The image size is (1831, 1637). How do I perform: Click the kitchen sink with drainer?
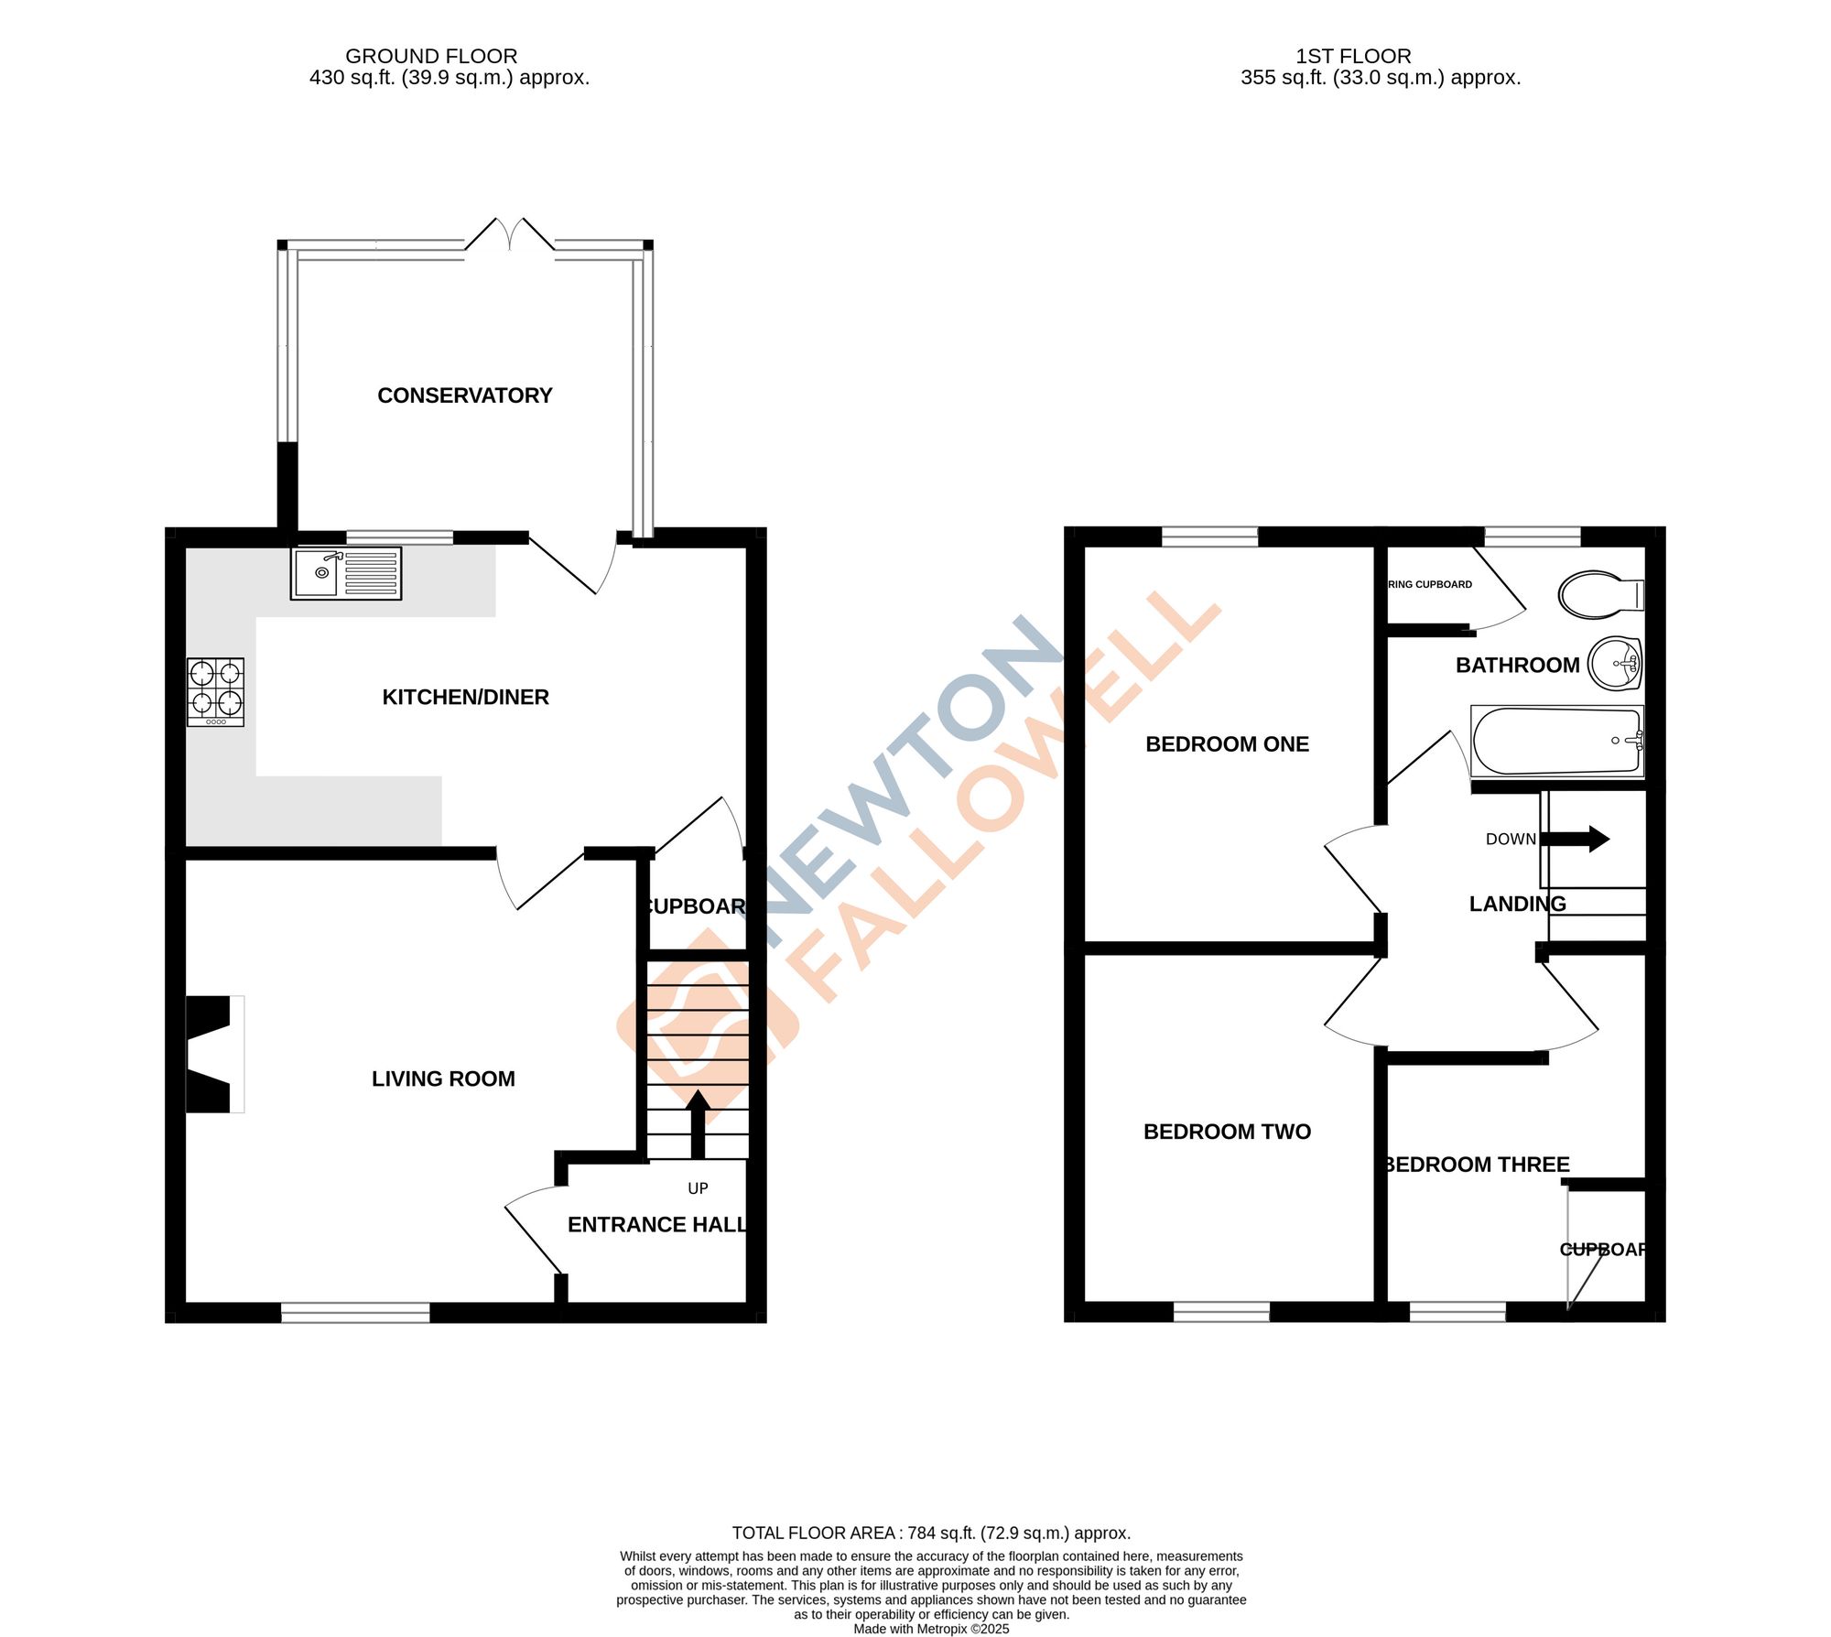point(345,573)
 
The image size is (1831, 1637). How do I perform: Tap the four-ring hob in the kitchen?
point(215,692)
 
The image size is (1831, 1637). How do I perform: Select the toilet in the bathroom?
point(1600,595)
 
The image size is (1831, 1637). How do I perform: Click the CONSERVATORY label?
point(465,396)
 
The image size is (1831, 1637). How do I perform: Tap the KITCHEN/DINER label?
point(465,698)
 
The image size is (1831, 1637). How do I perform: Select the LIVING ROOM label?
point(443,1079)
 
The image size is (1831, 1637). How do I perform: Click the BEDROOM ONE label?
point(1227,744)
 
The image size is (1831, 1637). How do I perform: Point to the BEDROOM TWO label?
point(1227,1132)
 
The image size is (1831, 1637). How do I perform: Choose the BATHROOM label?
point(1517,666)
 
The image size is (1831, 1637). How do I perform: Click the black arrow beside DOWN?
point(1576,839)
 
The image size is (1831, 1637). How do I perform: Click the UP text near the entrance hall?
point(698,1188)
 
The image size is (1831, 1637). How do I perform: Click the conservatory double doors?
point(510,235)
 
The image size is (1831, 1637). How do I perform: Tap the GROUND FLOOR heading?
point(431,56)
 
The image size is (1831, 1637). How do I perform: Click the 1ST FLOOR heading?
point(1353,56)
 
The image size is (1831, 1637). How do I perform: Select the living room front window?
point(355,1314)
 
